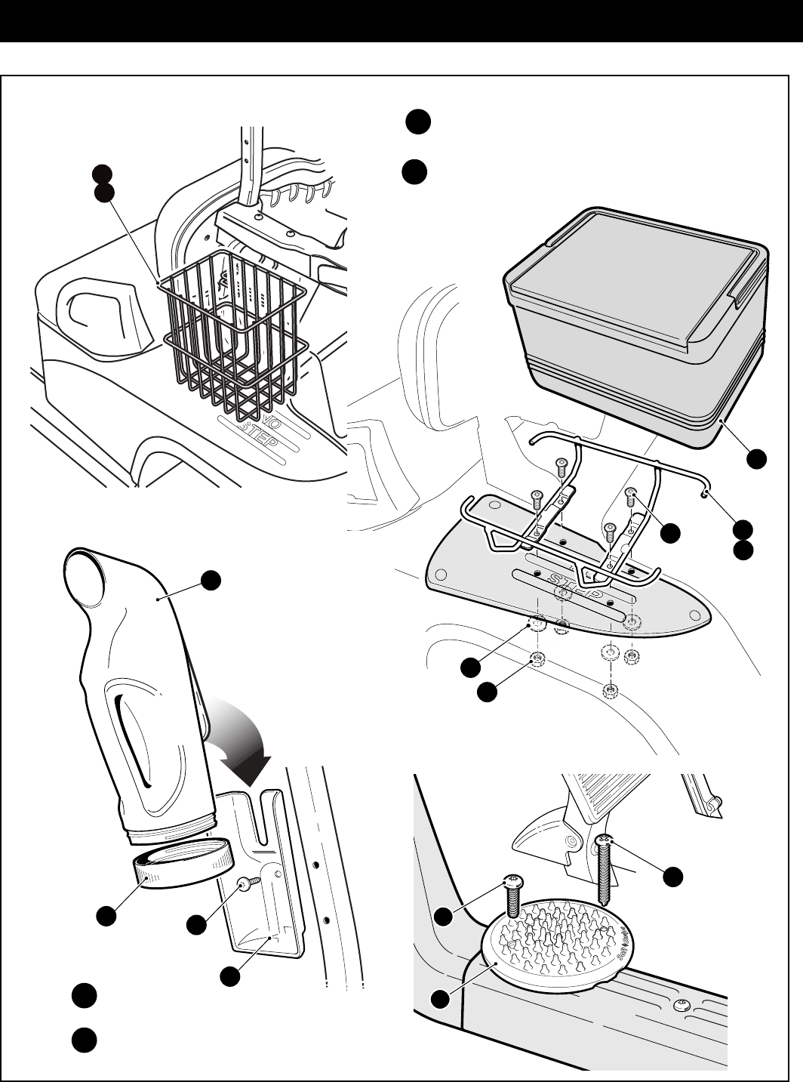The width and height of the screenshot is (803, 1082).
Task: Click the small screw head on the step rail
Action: [x=681, y=1003]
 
